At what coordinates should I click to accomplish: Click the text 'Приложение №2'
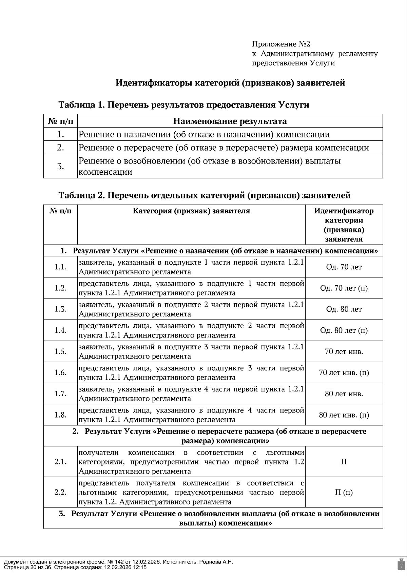281,44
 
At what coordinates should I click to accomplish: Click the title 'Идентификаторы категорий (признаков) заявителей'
230,83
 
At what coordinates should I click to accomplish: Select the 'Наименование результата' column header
230,121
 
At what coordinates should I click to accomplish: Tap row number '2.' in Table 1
61,148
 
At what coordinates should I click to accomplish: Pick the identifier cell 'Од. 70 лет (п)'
344,288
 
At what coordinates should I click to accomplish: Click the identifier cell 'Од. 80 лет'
344,309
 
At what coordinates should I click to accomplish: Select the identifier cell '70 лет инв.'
344,351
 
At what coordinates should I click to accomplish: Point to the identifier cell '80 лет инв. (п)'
344,415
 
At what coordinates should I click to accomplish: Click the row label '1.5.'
61,351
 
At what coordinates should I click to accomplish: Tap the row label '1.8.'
61,415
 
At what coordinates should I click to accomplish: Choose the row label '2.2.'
61,492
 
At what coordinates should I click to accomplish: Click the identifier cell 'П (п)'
344,492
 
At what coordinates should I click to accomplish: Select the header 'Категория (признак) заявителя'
191,211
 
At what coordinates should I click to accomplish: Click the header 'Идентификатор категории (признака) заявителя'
344,225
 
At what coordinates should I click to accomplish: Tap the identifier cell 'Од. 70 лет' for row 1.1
344,267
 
